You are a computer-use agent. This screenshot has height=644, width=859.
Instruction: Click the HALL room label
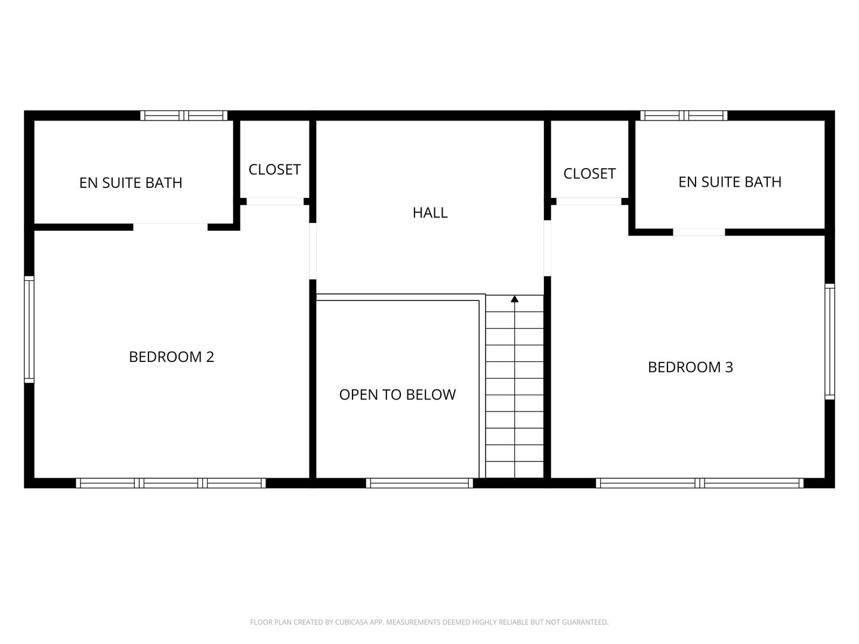[x=429, y=213]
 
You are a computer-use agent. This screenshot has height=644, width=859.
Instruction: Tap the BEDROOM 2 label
[x=171, y=357]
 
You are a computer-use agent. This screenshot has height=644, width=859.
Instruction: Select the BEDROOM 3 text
[x=690, y=367]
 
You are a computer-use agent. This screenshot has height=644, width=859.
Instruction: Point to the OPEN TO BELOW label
[x=397, y=395]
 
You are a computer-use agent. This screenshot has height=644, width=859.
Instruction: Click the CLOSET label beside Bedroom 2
[x=274, y=170]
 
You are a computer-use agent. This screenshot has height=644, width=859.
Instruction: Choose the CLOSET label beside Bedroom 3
[x=589, y=174]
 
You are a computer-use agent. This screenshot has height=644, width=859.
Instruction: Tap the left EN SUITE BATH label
[x=131, y=183]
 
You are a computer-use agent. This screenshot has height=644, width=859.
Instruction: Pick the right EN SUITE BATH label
[x=730, y=182]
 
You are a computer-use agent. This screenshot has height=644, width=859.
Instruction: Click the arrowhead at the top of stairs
[x=514, y=299]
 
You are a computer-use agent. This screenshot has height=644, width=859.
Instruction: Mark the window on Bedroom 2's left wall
[x=29, y=329]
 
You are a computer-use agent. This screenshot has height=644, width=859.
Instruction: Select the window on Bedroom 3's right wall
[x=829, y=341]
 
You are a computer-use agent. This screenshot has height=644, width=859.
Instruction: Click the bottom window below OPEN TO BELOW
[x=419, y=483]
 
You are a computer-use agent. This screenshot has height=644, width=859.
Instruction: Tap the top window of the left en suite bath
[x=184, y=116]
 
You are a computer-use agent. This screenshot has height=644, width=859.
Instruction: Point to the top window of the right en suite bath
[x=684, y=116]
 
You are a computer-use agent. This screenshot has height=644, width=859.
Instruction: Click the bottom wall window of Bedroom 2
[x=171, y=483]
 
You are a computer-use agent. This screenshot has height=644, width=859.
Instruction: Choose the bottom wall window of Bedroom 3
[x=700, y=483]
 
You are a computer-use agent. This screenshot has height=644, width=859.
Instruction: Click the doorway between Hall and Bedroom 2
[x=313, y=250]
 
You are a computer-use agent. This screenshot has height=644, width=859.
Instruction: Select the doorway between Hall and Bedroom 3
[x=547, y=248]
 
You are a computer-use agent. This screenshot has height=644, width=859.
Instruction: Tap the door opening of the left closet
[x=275, y=202]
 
